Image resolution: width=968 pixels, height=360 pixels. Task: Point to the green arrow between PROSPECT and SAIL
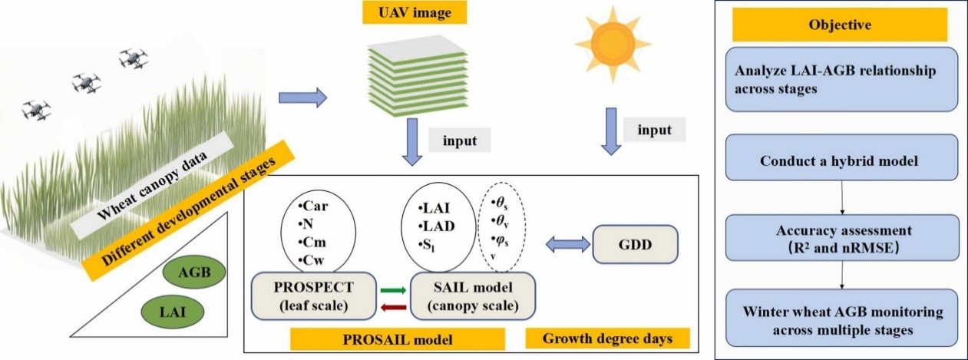click(392, 290)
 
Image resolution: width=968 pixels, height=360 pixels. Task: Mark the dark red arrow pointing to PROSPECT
click(392, 309)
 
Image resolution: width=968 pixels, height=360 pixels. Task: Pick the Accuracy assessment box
click(843, 236)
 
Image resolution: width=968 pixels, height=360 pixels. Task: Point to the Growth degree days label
click(607, 338)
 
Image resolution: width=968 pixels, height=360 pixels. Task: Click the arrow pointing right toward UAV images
click(302, 98)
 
